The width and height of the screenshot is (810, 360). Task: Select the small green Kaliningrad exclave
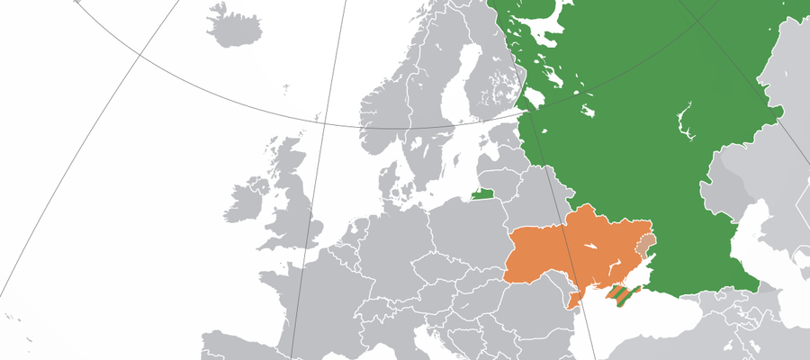[483, 193]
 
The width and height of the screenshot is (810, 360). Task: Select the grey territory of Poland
[468, 225]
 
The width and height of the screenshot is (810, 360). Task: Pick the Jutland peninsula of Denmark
[387, 184]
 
